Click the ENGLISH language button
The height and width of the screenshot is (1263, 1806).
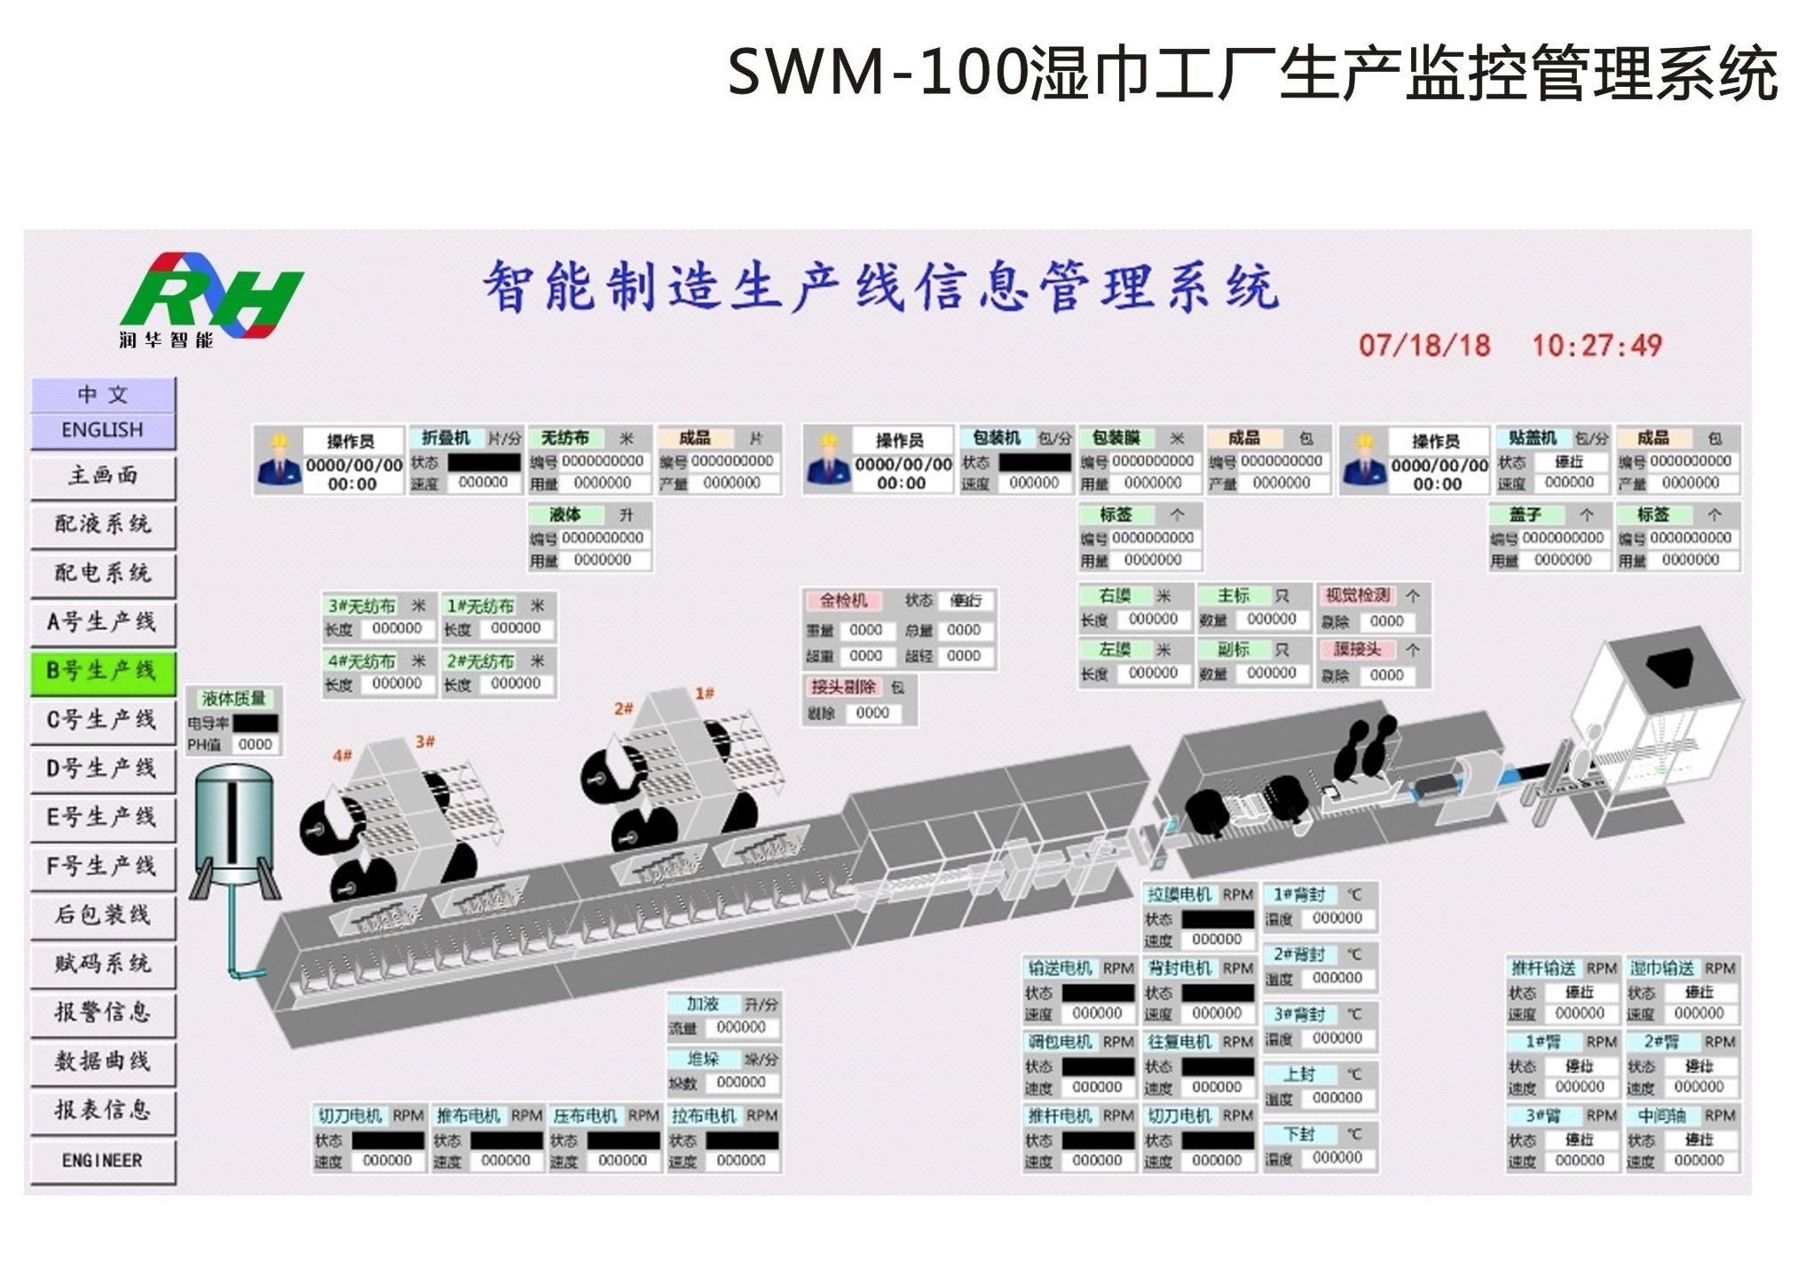tap(102, 430)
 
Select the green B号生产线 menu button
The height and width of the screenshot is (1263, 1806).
tap(102, 671)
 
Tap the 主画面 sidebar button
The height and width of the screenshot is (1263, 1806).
tap(102, 475)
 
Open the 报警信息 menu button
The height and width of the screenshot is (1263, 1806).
tap(102, 1012)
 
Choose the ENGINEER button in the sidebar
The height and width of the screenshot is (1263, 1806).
tap(102, 1160)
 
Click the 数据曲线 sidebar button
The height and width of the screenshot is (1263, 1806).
tap(102, 1061)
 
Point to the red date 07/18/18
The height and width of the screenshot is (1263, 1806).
tap(1424, 345)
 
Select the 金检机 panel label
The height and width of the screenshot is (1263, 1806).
tap(842, 600)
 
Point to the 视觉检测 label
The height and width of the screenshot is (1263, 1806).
tap(1358, 596)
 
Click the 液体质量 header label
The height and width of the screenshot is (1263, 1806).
tap(233, 698)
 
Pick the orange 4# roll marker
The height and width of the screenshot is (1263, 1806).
tap(342, 755)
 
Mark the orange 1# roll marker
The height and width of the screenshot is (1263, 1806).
tap(705, 693)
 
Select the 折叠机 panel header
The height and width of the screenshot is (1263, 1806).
tap(446, 438)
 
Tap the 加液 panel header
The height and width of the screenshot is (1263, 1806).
tap(703, 1004)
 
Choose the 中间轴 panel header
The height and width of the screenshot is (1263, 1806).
tap(1662, 1115)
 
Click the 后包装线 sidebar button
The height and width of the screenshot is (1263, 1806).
tap(102, 914)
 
